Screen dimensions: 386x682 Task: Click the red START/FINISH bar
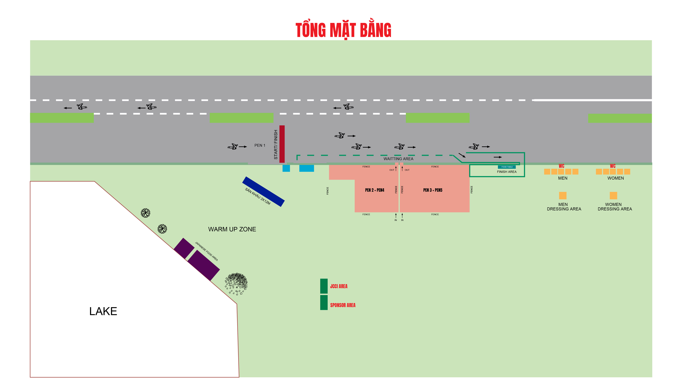(x=282, y=144)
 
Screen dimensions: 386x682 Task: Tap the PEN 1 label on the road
(x=259, y=145)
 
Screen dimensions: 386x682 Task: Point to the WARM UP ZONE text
(x=232, y=229)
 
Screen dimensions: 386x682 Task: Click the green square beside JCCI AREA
(x=324, y=286)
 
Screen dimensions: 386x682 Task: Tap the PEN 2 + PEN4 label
(x=375, y=190)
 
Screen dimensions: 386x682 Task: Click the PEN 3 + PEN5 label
(x=433, y=190)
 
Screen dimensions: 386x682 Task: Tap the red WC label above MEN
(x=561, y=166)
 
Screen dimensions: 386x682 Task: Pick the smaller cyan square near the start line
(x=286, y=168)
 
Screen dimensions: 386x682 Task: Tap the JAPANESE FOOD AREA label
(x=206, y=251)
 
